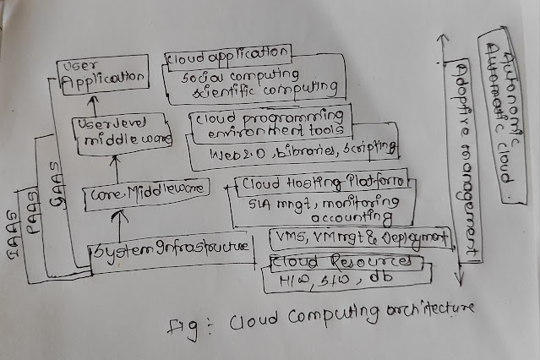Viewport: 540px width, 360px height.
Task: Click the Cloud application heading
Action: coord(228,57)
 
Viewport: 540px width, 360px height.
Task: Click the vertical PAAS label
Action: coord(31,209)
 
